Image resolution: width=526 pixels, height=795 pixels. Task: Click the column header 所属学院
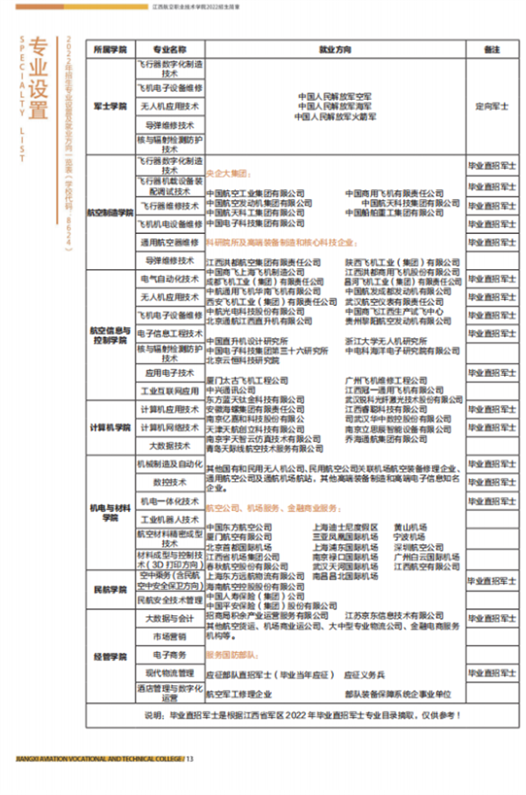tap(110, 50)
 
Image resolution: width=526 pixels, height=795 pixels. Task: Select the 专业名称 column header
tap(169, 50)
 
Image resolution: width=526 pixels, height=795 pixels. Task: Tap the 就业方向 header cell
tap(335, 50)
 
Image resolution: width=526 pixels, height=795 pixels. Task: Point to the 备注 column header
tap(490, 50)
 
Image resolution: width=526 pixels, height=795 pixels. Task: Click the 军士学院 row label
tap(110, 105)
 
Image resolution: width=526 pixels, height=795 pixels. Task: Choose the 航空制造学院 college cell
tap(110, 212)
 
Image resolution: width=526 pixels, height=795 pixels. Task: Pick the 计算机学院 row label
tap(110, 427)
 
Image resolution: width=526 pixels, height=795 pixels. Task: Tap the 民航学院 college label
tap(110, 590)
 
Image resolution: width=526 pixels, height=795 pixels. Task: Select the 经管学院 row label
tap(110, 656)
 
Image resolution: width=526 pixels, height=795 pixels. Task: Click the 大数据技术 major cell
tap(169, 445)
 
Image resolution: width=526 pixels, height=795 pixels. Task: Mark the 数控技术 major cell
tap(169, 482)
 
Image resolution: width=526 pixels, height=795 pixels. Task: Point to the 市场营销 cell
tap(169, 636)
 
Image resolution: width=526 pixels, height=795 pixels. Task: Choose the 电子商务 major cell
tap(169, 655)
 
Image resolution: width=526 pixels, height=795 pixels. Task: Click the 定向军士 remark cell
tap(490, 105)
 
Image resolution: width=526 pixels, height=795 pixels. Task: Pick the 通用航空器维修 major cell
tap(169, 242)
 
